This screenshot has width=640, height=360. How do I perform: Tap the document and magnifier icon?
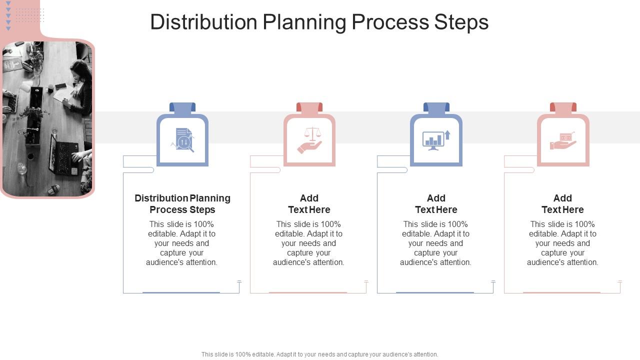(183, 139)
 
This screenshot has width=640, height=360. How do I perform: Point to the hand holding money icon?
(563, 140)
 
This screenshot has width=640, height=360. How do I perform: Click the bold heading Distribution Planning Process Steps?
(182, 204)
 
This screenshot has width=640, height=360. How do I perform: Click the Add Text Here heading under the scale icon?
(309, 204)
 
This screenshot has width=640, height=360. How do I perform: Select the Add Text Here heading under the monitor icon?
(436, 204)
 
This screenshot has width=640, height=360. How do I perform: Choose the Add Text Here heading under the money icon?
(562, 204)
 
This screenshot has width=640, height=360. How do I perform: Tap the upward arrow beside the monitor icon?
(447, 134)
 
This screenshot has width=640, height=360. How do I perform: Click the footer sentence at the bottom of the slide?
(319, 354)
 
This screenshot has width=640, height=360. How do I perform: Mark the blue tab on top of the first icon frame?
(182, 107)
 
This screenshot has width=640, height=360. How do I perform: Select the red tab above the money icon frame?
(563, 107)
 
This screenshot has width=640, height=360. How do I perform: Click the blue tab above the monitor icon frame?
(436, 107)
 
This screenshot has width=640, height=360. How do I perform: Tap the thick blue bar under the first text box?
(181, 292)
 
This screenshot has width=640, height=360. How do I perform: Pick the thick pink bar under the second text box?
(308, 292)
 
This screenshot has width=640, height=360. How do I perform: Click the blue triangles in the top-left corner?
(8, 15)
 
